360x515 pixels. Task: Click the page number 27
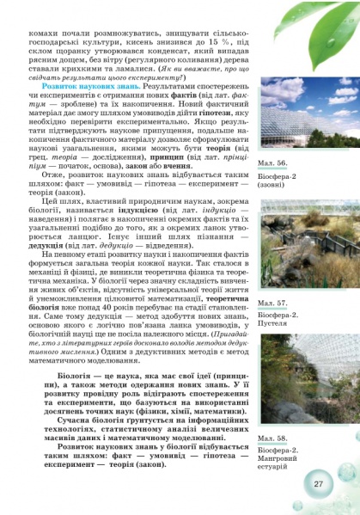pyautogui.click(x=317, y=484)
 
